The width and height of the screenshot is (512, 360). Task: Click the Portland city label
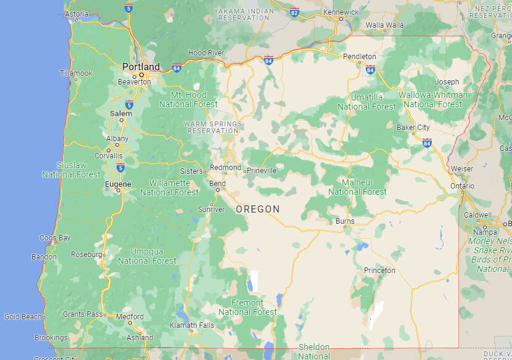[x=141, y=67]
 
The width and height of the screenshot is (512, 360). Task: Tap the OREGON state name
[x=258, y=210]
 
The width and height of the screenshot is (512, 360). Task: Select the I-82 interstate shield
[x=294, y=12]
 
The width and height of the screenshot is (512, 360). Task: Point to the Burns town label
[x=345, y=221]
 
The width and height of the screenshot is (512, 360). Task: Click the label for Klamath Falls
[x=193, y=325]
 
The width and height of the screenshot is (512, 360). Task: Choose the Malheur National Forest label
[x=358, y=187]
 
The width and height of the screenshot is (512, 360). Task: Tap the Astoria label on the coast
[x=76, y=14]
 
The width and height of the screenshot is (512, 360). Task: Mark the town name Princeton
[x=379, y=270]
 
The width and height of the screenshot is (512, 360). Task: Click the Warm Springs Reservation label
[x=213, y=127]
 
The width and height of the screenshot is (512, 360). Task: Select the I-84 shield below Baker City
[x=427, y=142]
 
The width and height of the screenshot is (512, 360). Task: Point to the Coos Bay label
[x=55, y=237]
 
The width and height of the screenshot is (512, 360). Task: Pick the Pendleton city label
[x=359, y=56]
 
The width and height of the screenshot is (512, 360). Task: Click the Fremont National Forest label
[x=247, y=307]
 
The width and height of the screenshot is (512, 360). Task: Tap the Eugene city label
[x=117, y=184]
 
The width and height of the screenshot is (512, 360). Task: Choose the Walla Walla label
[x=384, y=25]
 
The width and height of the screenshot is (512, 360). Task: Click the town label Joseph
[x=447, y=81]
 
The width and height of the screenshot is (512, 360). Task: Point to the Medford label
[x=130, y=317]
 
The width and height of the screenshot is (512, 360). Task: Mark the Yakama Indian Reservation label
[x=242, y=15]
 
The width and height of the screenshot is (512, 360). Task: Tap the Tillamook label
[x=76, y=73]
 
